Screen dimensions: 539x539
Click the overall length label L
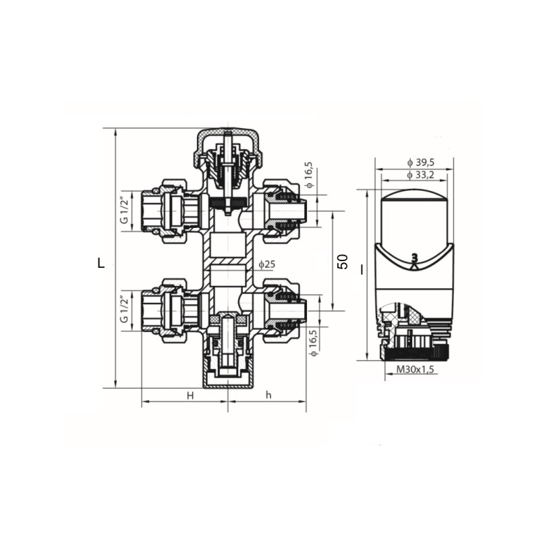point(101,263)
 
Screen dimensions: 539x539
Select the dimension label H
point(190,396)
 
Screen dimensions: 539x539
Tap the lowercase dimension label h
point(268,395)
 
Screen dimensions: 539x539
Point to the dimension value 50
point(343,262)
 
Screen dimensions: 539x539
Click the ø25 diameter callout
point(267,264)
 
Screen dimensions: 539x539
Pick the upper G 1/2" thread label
point(124,210)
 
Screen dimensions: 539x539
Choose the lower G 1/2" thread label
point(124,310)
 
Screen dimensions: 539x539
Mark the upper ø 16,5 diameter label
point(309,175)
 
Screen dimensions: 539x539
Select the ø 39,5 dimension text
point(420,163)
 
